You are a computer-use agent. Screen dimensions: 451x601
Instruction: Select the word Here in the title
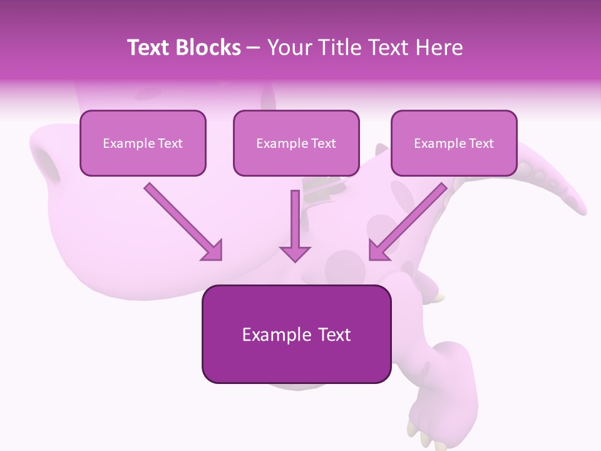coord(440,48)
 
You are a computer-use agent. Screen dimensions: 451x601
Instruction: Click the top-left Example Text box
coord(143,143)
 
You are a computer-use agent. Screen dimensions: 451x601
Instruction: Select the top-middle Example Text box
coord(296,143)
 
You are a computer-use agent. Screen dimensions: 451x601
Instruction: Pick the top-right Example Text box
coord(454,143)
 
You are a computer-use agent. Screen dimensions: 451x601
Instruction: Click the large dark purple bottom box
coord(296,334)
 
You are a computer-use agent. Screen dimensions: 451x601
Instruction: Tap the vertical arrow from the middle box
coord(295,225)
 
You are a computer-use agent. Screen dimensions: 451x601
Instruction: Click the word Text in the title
coord(150,48)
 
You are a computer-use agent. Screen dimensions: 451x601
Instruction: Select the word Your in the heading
coord(288,48)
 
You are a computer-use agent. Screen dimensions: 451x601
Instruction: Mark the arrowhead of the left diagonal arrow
coord(212,251)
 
